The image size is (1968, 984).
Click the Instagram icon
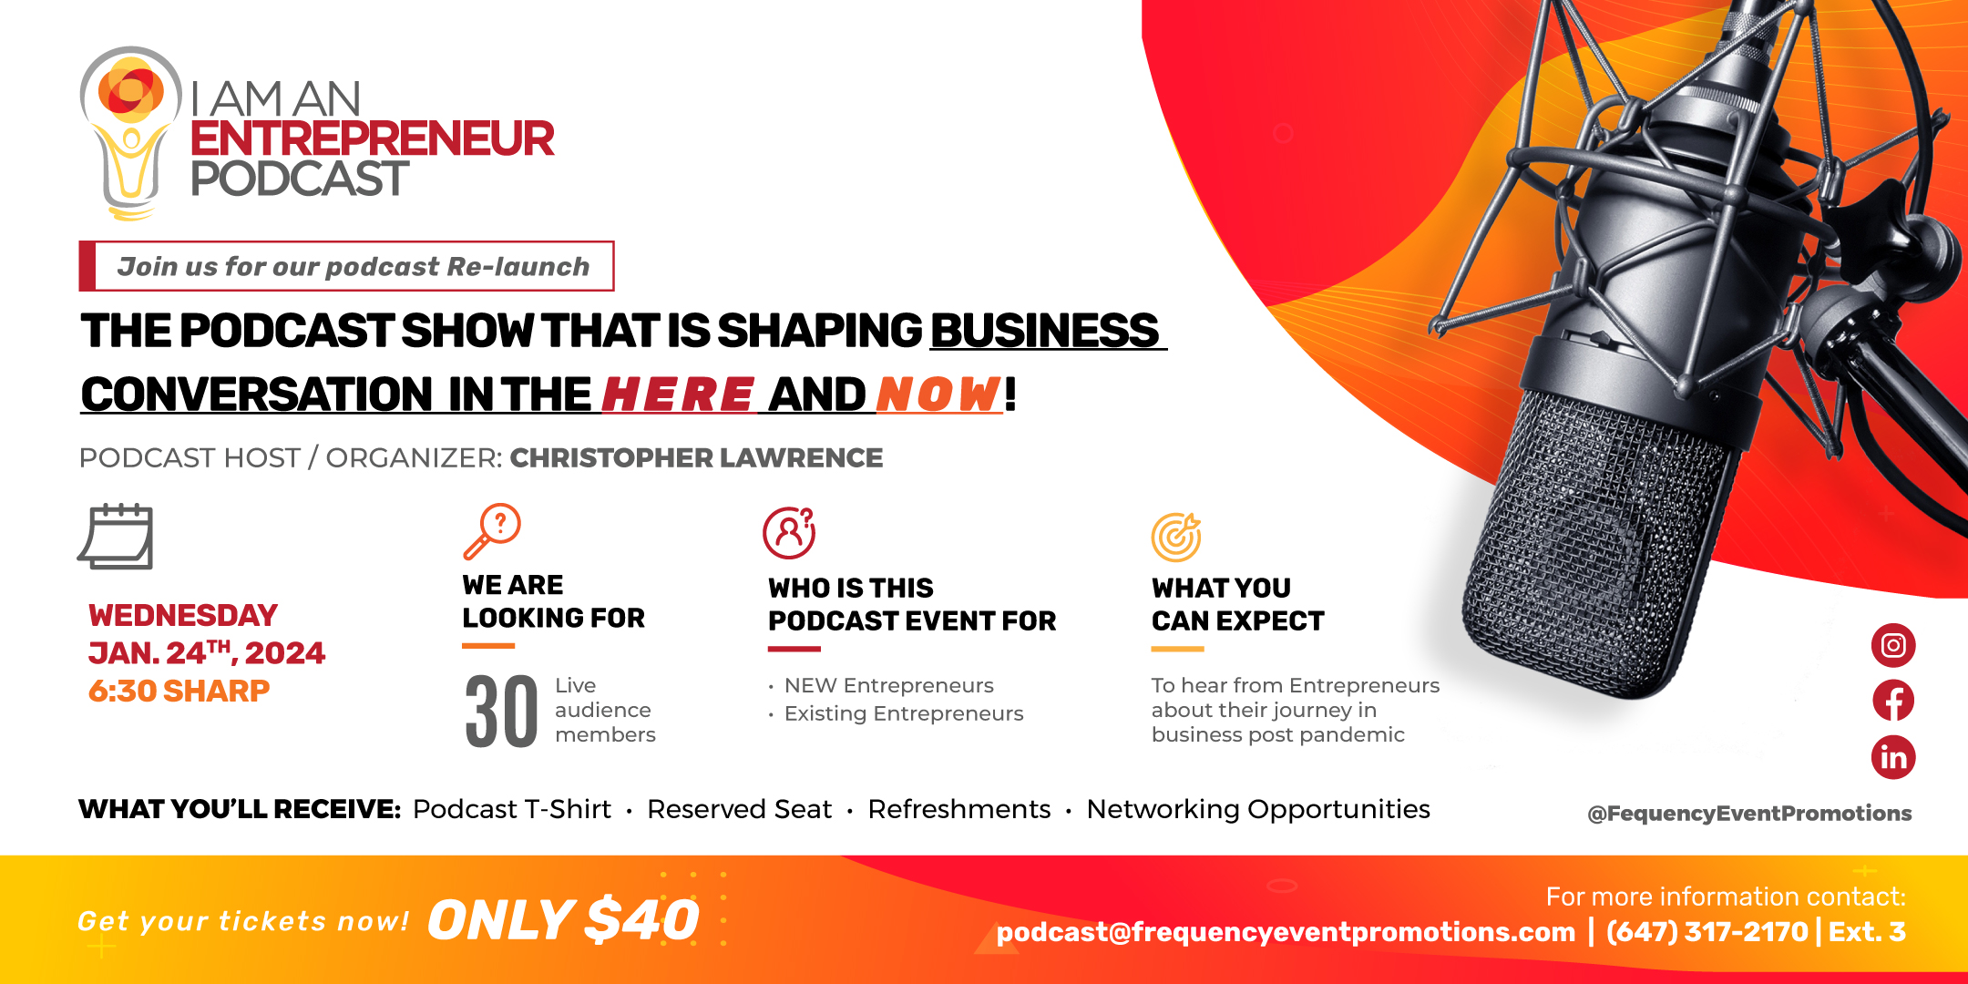[x=1893, y=645]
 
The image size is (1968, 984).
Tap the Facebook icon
[x=1893, y=701]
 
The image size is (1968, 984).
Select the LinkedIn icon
[x=1893, y=757]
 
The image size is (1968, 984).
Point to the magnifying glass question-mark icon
[x=491, y=530]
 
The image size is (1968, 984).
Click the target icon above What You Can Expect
[x=1176, y=537]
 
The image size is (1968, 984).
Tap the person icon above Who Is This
[x=789, y=533]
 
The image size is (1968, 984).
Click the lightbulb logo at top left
[x=130, y=133]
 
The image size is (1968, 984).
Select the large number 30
[x=501, y=712]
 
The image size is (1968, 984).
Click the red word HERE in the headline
[x=678, y=395]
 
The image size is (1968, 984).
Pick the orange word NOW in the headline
[x=938, y=395]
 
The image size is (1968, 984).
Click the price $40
[x=642, y=919]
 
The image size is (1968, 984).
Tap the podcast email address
[x=1286, y=932]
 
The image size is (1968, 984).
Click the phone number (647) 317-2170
[x=1707, y=932]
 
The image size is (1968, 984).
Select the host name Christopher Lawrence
[x=696, y=457]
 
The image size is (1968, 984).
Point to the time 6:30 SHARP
[x=179, y=691]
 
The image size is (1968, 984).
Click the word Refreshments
[x=959, y=809]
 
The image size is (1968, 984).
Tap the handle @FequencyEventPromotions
[x=1749, y=814]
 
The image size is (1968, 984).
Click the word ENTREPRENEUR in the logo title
[x=372, y=138]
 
